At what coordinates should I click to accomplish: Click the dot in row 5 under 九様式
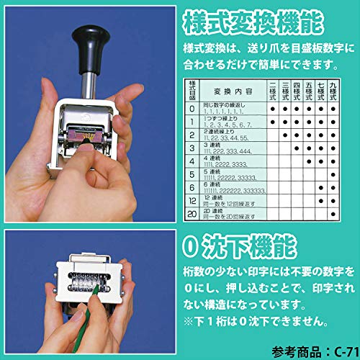[332, 174]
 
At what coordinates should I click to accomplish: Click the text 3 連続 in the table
[212, 146]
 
